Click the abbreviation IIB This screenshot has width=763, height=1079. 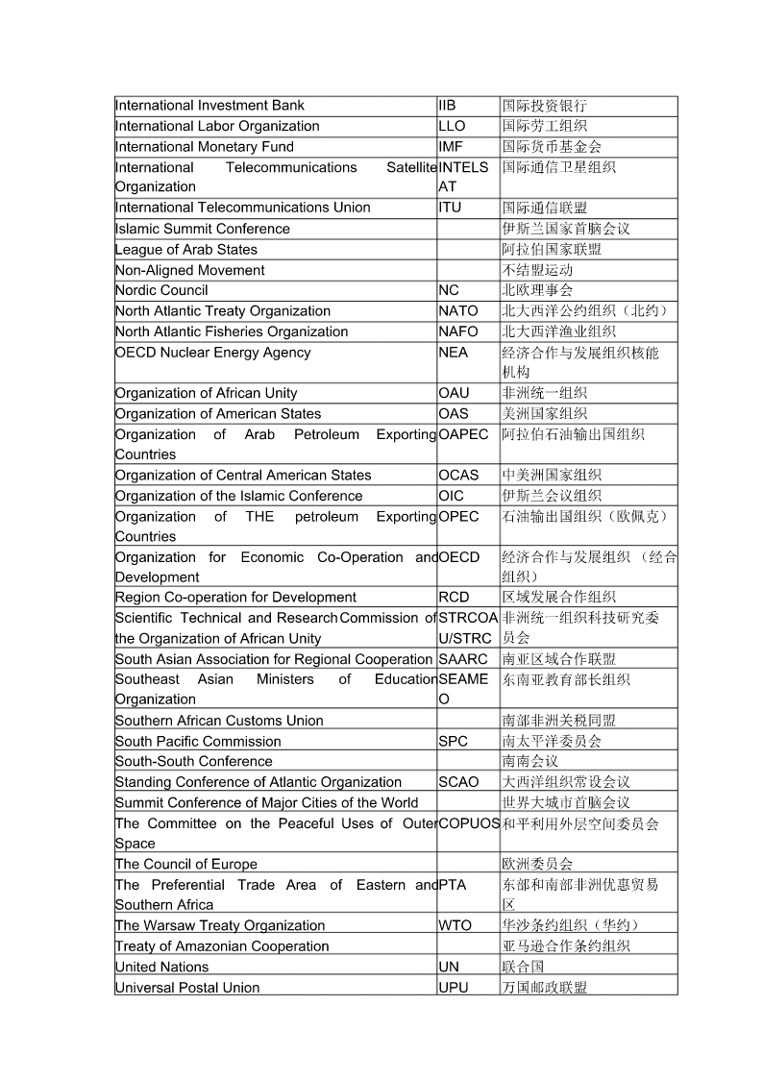point(447,106)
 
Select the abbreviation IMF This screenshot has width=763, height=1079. point(451,147)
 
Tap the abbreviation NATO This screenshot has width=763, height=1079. point(458,311)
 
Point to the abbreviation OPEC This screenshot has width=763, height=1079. point(458,517)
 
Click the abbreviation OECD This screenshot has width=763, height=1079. point(459,557)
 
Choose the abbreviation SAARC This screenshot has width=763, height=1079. point(463,659)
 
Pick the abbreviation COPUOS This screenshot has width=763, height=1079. point(469,823)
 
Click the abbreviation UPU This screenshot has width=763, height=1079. point(454,988)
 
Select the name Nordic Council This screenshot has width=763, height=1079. point(161,290)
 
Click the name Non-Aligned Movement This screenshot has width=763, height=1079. point(189,270)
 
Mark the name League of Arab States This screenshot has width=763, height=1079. point(186,250)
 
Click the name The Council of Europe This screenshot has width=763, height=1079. point(186,864)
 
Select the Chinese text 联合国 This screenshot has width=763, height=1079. point(524,967)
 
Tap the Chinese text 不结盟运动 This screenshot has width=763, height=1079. point(537,270)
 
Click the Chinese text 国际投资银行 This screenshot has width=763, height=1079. point(544,106)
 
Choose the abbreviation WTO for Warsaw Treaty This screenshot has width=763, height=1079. point(455,925)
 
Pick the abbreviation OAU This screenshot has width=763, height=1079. point(454,393)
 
